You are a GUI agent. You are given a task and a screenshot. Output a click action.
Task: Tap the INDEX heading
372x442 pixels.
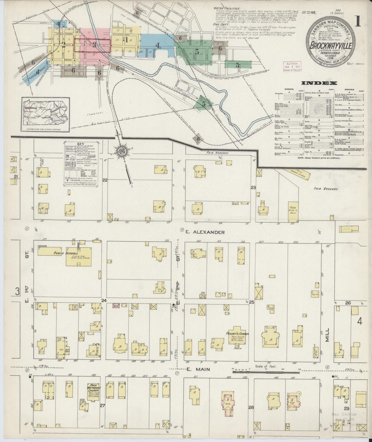319,83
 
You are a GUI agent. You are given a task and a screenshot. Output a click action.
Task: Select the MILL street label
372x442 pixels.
327,335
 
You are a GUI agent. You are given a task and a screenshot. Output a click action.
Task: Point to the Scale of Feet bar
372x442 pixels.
267,372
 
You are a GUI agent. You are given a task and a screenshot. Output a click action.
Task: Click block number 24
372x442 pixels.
104,300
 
